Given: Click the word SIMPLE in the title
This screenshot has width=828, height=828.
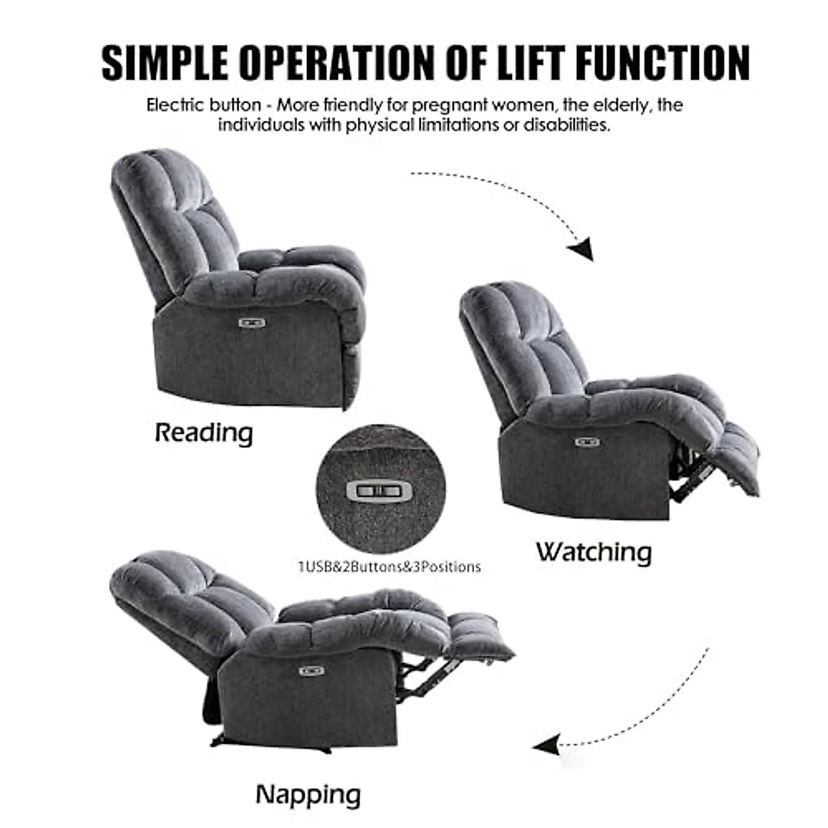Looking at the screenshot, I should point(164,63).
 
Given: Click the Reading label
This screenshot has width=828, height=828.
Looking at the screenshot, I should point(204,433).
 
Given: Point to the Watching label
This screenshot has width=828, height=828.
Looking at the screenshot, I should point(593,552).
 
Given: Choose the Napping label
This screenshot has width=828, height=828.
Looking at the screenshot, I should point(308,795).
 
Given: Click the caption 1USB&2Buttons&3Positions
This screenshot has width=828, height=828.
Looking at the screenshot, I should point(389,567).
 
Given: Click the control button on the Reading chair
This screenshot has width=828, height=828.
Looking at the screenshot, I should point(252,322).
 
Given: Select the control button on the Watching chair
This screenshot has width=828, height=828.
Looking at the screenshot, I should point(587,442).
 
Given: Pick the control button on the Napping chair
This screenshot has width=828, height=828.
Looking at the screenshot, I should point(311,670).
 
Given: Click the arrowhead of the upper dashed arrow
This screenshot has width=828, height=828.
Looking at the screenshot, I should point(582,249).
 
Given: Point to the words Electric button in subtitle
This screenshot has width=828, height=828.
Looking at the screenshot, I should point(204,106).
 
